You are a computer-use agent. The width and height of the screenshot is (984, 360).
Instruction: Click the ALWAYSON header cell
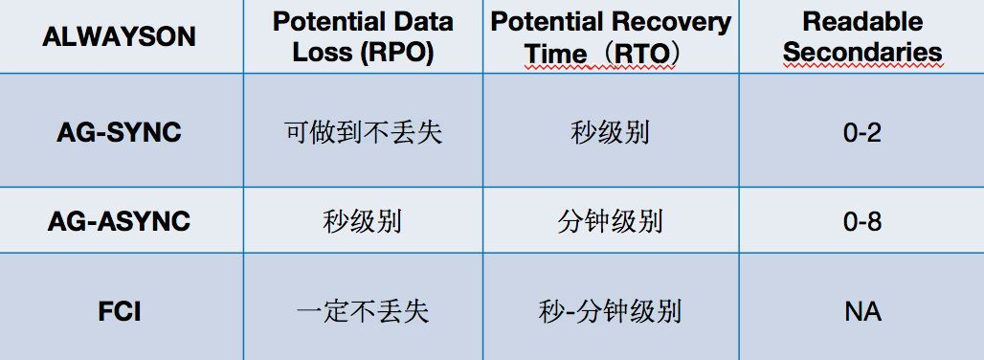(x=119, y=37)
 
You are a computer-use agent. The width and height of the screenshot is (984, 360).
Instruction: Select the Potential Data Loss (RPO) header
(x=363, y=37)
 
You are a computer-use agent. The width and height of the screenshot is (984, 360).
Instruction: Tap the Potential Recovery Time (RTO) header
(x=611, y=37)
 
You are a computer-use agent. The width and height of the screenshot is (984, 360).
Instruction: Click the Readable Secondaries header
(x=862, y=37)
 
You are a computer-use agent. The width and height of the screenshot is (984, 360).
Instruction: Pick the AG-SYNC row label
(x=119, y=132)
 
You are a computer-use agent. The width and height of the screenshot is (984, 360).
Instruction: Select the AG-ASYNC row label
(x=119, y=221)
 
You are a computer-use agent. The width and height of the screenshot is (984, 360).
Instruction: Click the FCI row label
(x=119, y=312)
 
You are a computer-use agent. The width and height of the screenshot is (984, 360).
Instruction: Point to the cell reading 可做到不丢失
(x=364, y=132)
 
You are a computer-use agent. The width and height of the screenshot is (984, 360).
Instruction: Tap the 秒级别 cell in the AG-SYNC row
(x=610, y=132)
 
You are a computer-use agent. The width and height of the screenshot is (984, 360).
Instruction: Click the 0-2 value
(x=862, y=133)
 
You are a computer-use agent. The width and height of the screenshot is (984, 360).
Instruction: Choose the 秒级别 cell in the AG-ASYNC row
(x=363, y=221)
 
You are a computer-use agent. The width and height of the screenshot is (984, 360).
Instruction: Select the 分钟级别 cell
(x=610, y=221)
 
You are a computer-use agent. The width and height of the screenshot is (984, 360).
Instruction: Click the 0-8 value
(x=862, y=222)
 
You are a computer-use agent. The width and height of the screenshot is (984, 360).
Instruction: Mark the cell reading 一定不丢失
(x=363, y=312)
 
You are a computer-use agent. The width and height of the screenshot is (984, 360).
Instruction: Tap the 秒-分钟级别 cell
(x=610, y=312)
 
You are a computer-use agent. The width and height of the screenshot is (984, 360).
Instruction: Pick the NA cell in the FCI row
(x=862, y=312)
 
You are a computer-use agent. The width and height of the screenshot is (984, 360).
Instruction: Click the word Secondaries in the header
(x=862, y=52)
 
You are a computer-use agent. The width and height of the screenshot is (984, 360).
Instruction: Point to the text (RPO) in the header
(x=396, y=53)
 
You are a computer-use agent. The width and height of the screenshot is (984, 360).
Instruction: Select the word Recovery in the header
(x=672, y=23)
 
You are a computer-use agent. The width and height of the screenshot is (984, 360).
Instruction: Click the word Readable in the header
(x=862, y=22)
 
